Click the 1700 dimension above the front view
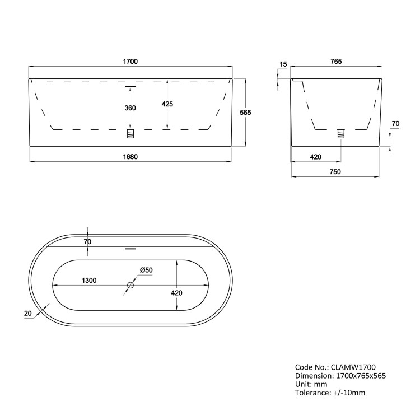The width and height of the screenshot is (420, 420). click(130, 61)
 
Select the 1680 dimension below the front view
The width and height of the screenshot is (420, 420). click(130, 156)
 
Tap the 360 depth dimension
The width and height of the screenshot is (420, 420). click(130, 108)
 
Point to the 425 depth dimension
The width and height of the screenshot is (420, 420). click(167, 104)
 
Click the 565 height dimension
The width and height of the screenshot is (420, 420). click(245, 113)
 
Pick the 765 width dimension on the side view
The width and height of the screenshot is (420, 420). click(336, 61)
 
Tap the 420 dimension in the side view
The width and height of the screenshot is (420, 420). click(315, 157)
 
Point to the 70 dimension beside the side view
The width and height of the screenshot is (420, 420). click(395, 123)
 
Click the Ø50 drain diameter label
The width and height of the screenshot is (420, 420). click(146, 270)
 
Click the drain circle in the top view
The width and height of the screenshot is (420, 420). click(130, 286)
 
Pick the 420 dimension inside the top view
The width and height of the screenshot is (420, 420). click(177, 292)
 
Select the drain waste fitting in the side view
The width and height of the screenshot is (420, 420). click(340, 133)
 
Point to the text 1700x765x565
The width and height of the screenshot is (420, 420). click(361, 376)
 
